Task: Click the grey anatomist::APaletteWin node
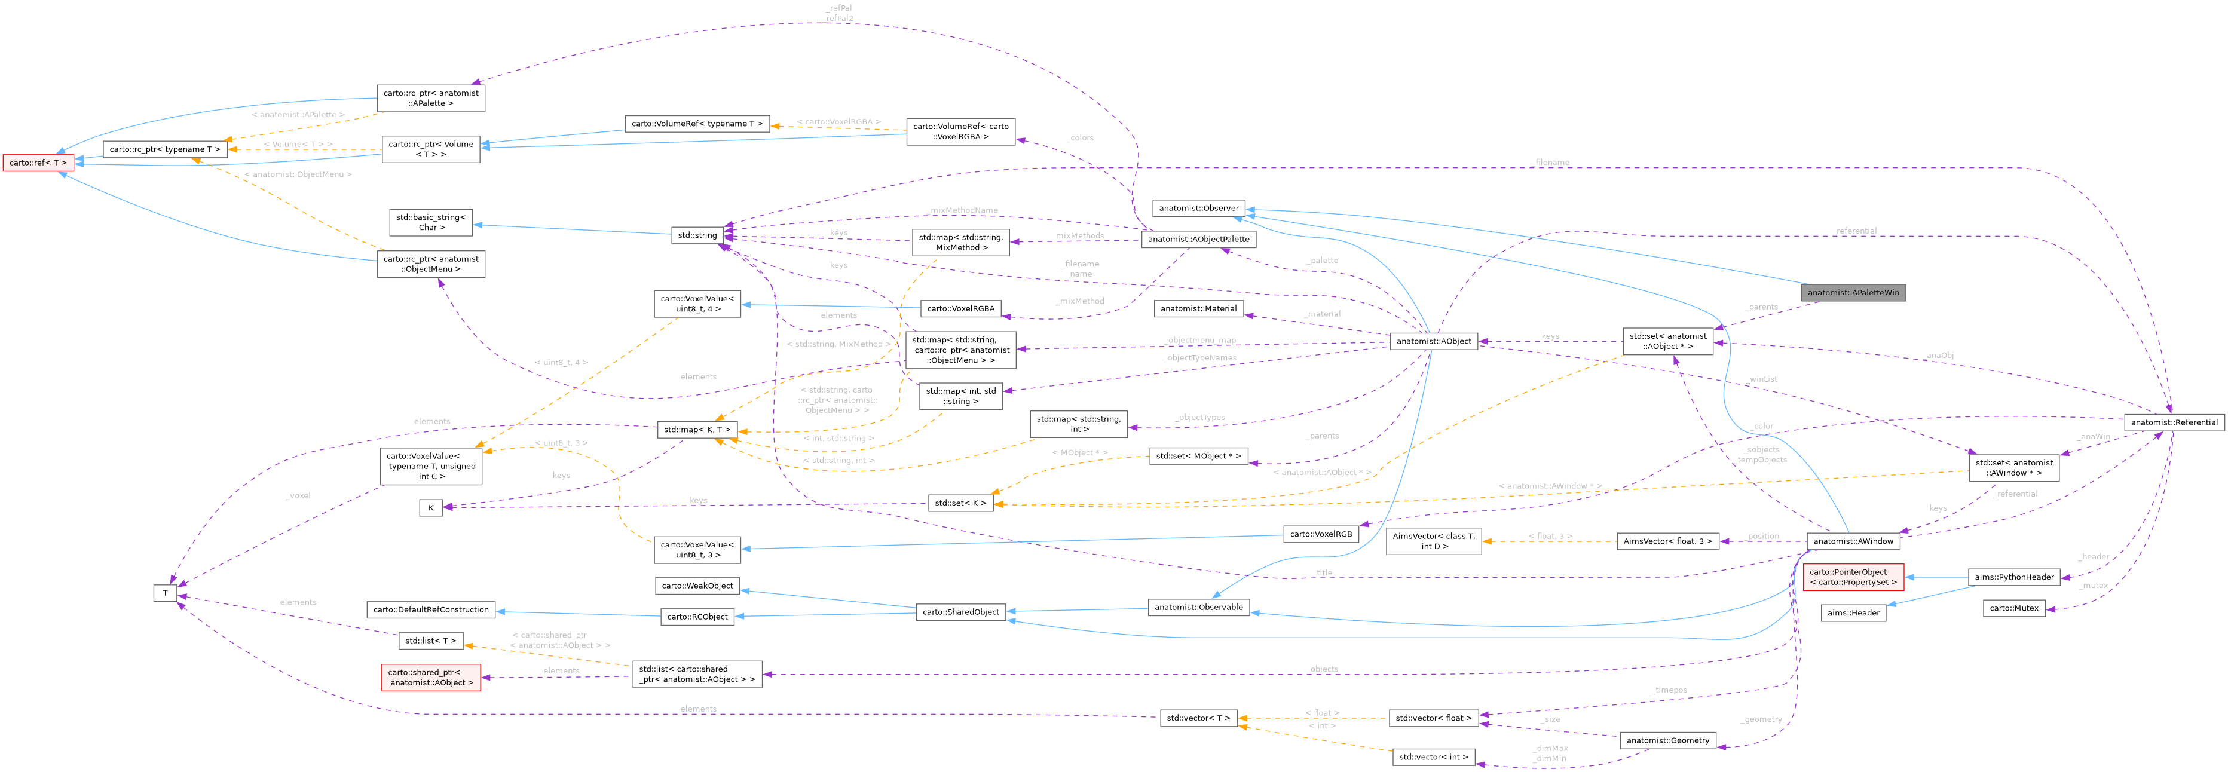(x=1853, y=292)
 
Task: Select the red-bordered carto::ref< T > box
(x=38, y=163)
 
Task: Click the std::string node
(x=696, y=235)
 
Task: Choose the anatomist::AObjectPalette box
(x=1198, y=240)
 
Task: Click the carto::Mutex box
(x=2013, y=608)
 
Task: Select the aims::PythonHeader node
(x=2013, y=577)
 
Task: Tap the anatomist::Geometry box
(x=1667, y=740)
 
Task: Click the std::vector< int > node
(x=1433, y=757)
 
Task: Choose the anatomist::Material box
(x=1198, y=309)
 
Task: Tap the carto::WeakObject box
(x=697, y=586)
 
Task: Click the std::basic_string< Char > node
(x=431, y=223)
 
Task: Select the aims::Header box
(x=1853, y=613)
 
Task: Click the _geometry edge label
(x=1762, y=719)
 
